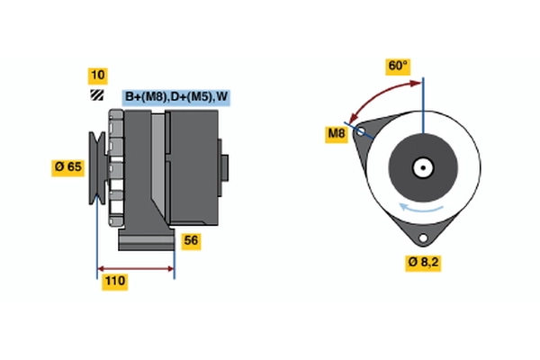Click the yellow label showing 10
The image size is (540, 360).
97,75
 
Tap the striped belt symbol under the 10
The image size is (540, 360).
96,95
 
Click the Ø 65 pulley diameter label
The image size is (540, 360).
69,166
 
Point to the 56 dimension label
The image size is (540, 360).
191,240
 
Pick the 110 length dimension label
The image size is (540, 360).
114,282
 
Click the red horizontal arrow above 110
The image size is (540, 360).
135,267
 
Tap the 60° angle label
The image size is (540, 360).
398,66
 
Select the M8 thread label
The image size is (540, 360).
336,135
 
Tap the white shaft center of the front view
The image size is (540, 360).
422,166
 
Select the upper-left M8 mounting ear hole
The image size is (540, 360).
362,131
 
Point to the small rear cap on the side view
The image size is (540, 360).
225,169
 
